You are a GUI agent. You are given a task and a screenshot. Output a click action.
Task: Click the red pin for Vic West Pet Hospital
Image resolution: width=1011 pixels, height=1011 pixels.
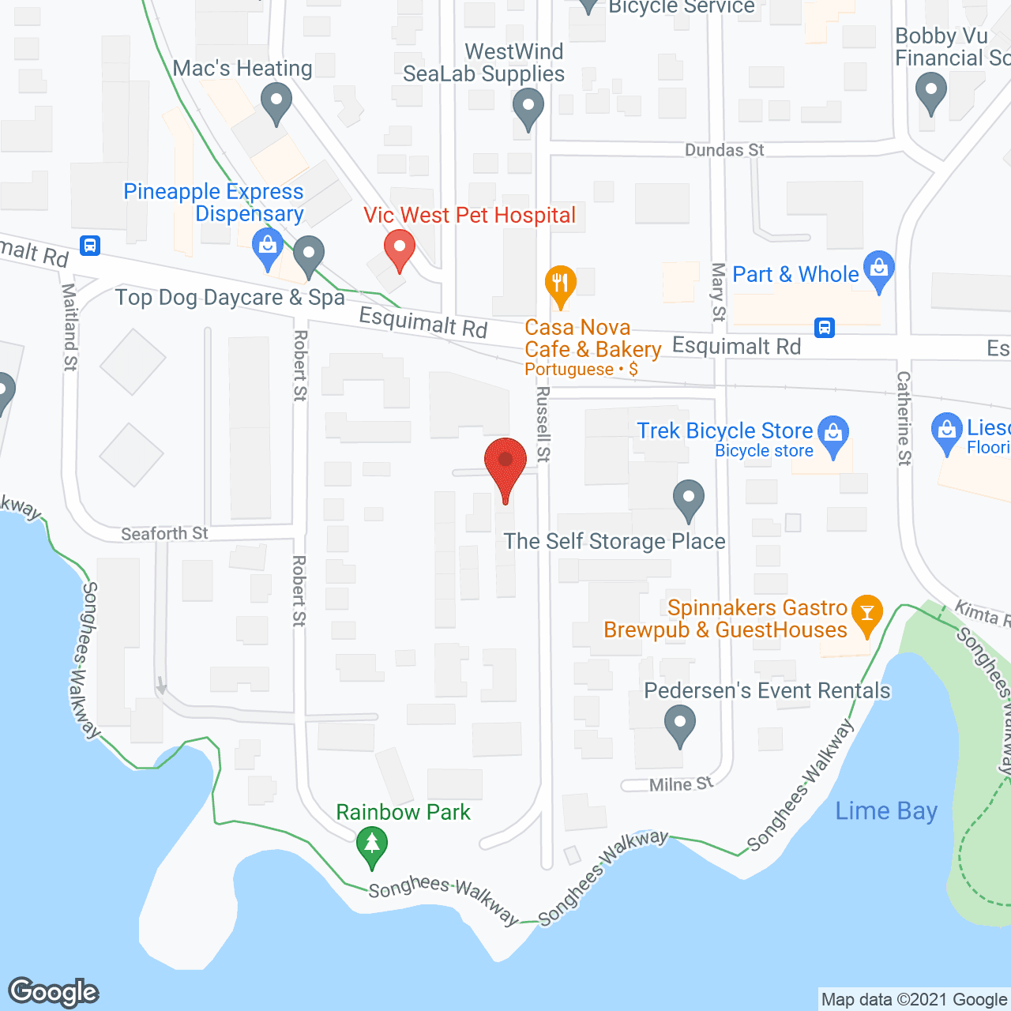coord(400,249)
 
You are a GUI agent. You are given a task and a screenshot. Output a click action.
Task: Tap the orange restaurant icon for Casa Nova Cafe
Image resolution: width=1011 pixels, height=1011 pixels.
coord(560,284)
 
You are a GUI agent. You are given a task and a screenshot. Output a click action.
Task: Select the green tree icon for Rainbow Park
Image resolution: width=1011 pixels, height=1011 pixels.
coord(371,844)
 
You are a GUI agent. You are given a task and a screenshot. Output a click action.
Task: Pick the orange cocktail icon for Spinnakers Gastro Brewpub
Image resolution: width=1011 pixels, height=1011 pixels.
coord(866,614)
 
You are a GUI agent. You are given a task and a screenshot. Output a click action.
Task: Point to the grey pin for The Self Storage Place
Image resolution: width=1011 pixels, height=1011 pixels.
coord(689,499)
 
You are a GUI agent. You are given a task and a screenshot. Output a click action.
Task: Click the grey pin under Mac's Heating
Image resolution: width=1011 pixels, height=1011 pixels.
coord(276,103)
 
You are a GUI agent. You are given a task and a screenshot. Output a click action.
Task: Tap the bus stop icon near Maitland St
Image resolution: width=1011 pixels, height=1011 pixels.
coord(90,245)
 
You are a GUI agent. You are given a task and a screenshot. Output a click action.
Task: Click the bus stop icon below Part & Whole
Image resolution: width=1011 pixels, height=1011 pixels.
coord(825,327)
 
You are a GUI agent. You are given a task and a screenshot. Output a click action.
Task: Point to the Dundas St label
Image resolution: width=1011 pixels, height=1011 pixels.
coord(724,150)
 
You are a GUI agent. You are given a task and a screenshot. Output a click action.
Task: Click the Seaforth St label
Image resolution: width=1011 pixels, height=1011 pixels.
coord(164,534)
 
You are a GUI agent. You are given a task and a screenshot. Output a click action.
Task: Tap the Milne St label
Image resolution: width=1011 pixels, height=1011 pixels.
coord(681,784)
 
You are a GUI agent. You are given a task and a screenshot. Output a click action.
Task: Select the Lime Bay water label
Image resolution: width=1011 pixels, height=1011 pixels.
coord(886,811)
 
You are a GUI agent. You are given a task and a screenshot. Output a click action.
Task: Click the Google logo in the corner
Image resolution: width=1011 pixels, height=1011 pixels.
coord(54,992)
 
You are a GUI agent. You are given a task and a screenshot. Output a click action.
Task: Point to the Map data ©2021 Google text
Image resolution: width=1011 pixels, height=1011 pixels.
coord(914,1000)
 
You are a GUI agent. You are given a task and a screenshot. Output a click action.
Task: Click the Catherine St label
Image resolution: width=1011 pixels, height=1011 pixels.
coord(904,418)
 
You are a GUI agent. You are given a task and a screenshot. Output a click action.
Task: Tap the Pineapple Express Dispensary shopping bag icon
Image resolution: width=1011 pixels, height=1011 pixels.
coord(268,249)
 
